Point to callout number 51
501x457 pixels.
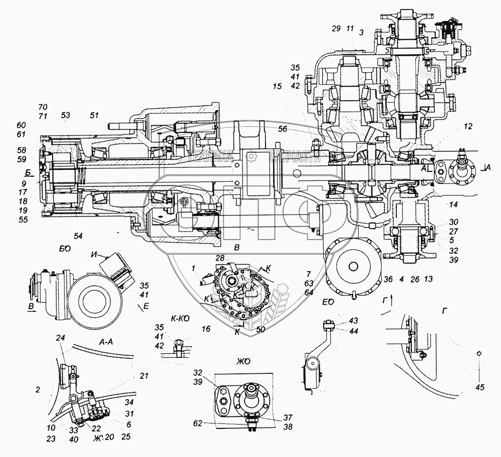[94, 115]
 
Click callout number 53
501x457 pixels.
[66, 115]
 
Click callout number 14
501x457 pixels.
[454, 204]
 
